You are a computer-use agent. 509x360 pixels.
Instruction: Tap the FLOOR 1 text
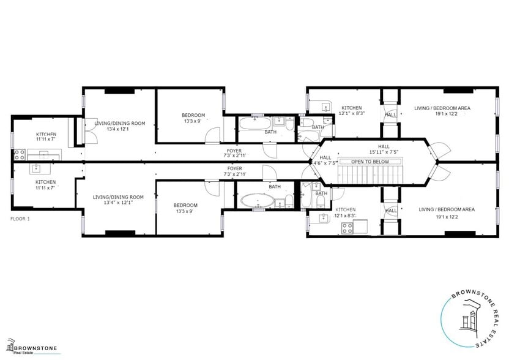(x=21, y=219)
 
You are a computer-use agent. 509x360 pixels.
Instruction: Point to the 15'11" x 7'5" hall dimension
(x=384, y=152)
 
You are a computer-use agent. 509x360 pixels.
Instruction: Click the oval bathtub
(x=254, y=200)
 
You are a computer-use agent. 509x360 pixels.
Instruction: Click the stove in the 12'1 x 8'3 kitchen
(x=347, y=228)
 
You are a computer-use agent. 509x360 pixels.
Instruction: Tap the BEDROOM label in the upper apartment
(x=193, y=115)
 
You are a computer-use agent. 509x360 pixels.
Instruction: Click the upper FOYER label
(x=234, y=150)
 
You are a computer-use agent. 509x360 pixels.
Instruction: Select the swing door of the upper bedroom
(x=212, y=136)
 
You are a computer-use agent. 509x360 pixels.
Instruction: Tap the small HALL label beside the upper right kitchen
(x=390, y=114)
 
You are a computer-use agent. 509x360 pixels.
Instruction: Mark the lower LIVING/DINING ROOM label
(x=118, y=197)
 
